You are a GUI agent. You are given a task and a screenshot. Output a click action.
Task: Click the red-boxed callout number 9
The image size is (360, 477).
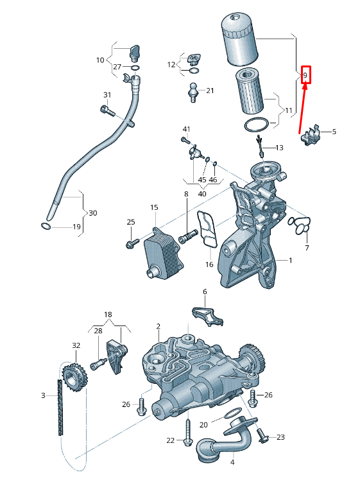(x=305, y=75)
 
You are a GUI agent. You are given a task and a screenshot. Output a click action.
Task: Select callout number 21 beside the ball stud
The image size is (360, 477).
(x=210, y=91)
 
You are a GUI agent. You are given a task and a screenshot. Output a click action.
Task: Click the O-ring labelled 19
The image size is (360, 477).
(x=46, y=226)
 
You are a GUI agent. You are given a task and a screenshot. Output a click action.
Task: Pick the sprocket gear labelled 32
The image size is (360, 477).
(x=75, y=377)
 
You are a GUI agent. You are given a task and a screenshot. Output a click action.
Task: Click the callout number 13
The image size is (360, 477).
(x=279, y=148)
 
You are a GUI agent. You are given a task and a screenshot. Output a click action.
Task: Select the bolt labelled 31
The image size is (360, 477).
(x=107, y=110)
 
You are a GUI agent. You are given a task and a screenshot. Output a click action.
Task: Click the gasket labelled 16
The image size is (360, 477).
(x=208, y=230)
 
